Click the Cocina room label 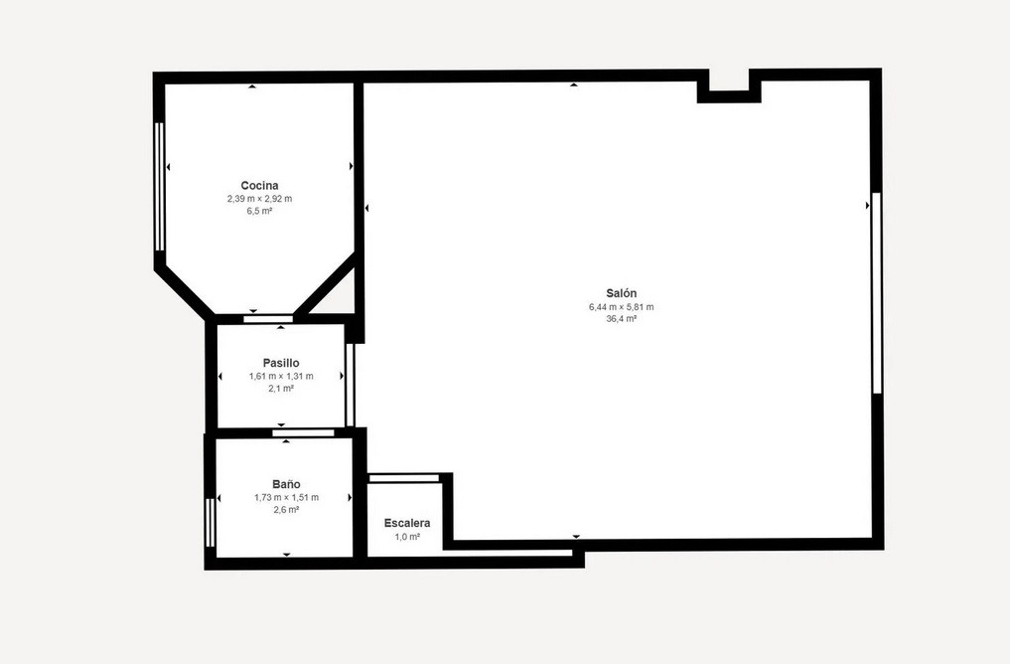[x=259, y=185]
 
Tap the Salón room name [x=621, y=293]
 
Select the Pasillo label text [x=281, y=363]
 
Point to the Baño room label [x=286, y=484]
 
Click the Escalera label [x=407, y=523]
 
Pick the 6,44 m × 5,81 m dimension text [x=621, y=307]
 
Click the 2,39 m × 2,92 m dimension [x=259, y=199]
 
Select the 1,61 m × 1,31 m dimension [x=281, y=376]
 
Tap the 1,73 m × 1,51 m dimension [x=286, y=497]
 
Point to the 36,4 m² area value [x=621, y=319]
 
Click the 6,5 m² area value [x=259, y=211]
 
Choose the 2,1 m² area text [x=281, y=389]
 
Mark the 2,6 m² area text [x=286, y=510]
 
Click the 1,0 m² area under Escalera [x=407, y=537]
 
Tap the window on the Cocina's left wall [x=159, y=186]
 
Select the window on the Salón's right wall [x=876, y=292]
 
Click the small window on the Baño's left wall [x=210, y=522]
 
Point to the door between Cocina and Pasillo [x=268, y=319]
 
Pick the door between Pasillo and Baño [x=303, y=432]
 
